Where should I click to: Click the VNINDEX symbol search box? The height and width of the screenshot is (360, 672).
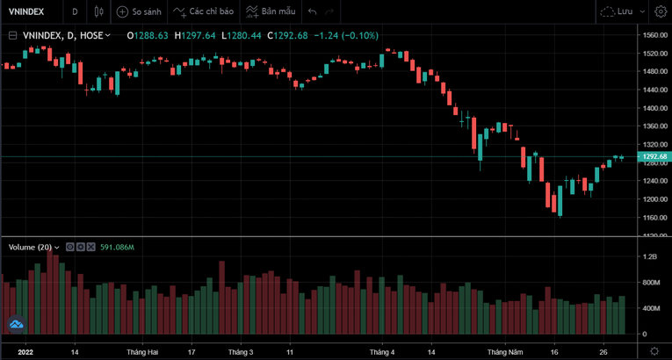tap(28, 11)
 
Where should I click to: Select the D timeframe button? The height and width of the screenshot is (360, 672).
tap(75, 11)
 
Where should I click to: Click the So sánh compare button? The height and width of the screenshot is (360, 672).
tap(140, 11)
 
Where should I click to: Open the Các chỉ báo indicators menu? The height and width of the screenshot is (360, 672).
tap(205, 11)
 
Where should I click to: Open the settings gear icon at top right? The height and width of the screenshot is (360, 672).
tap(660, 11)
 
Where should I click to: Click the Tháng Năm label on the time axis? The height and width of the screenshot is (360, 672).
tap(504, 351)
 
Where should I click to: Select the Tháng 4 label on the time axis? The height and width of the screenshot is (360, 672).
tap(382, 351)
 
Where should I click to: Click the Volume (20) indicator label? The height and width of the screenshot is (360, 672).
tap(33, 248)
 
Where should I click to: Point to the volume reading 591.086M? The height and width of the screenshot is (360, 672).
tap(115, 248)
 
